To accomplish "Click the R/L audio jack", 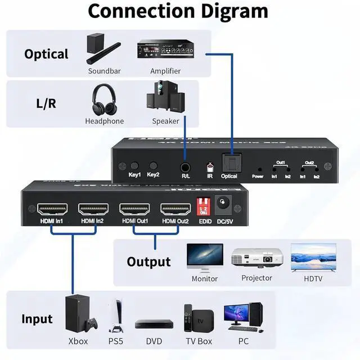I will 185,167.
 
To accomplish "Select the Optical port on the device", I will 229,164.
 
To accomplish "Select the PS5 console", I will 115,315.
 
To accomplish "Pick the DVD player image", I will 154,325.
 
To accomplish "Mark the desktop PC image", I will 243,317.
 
